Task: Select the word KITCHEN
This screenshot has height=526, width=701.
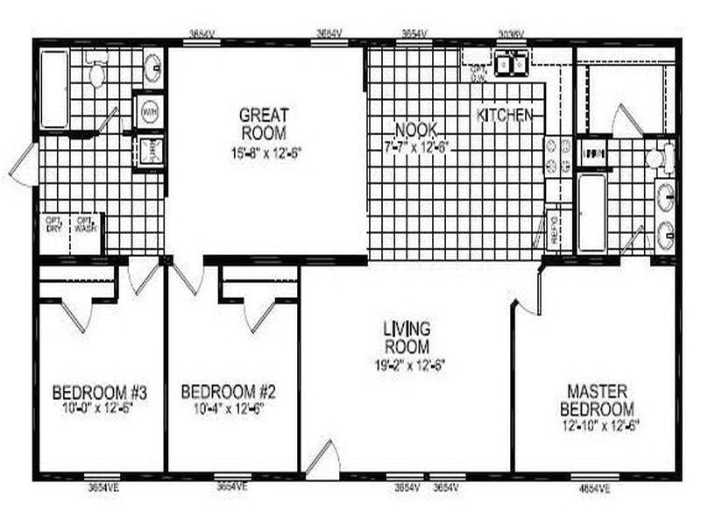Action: click(x=505, y=115)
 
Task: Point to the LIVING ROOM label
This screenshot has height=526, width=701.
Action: click(x=407, y=338)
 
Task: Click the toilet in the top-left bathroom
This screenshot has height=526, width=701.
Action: click(x=96, y=74)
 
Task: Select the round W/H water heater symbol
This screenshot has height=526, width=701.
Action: click(x=150, y=112)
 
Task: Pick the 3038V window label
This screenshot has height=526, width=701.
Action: click(x=511, y=34)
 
